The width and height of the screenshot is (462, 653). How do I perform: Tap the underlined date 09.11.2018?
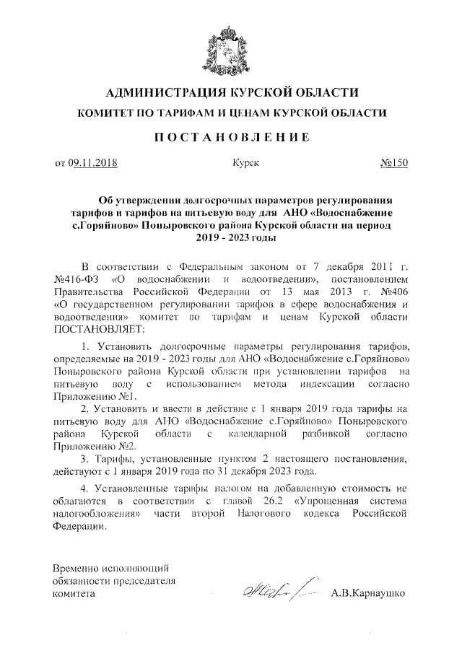[94, 163]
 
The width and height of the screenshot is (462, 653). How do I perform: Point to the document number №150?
[393, 163]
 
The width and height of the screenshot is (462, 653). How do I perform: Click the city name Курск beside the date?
[245, 163]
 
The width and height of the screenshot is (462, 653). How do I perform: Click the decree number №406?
[391, 292]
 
